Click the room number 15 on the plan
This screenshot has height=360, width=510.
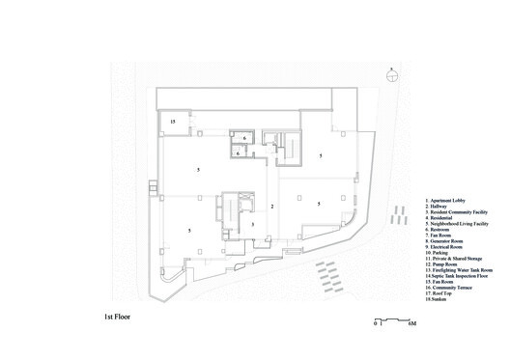pos(173,122)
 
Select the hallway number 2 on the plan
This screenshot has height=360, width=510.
pos(272,207)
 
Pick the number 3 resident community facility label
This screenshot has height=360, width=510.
pos(252,224)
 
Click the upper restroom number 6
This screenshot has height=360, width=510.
pos(244,138)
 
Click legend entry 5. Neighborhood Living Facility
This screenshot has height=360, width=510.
pos(459,225)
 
